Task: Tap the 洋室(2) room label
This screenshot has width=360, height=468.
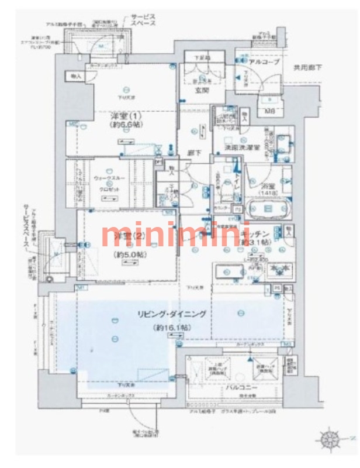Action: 124,236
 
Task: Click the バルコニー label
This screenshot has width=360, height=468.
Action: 240,387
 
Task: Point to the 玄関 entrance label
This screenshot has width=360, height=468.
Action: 202,91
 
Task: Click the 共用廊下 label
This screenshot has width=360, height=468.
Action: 307,68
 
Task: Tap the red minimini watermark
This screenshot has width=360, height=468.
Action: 175,235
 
